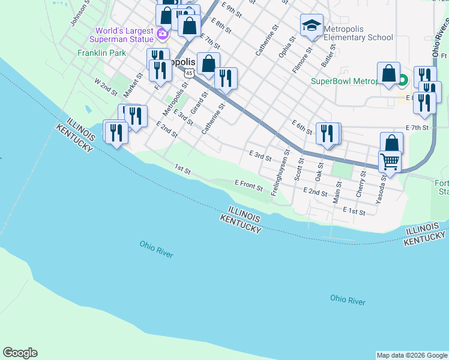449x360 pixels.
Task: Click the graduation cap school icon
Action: point(312,26)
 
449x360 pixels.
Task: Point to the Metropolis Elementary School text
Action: point(358,32)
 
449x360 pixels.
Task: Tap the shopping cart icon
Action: point(390,161)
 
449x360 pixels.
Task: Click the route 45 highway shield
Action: point(189,73)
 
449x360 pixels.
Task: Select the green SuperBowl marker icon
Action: point(403,80)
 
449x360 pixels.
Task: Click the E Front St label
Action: point(249,185)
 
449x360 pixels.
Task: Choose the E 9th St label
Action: point(231,9)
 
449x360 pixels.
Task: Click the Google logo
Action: point(20,353)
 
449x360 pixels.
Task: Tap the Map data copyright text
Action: point(411,355)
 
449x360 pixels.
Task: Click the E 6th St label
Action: point(303,127)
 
